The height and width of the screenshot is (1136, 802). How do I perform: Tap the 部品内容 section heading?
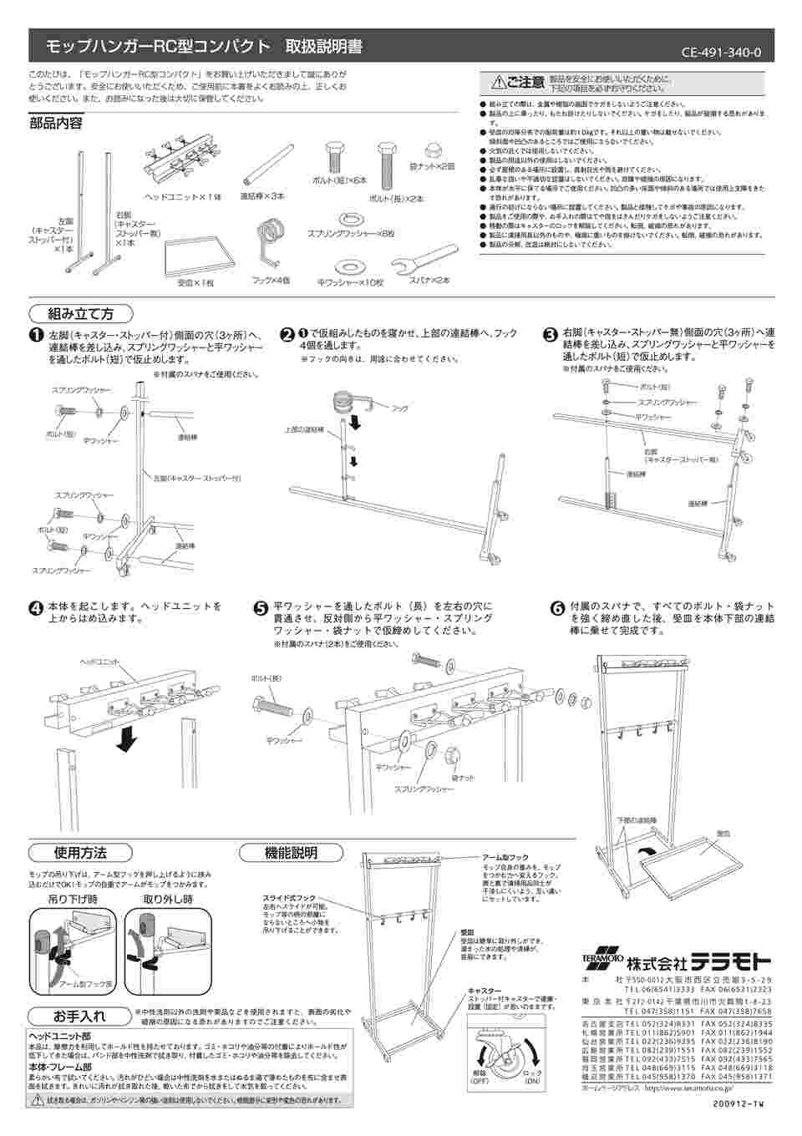[x=56, y=124]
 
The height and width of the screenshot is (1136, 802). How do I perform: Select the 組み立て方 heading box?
[x=81, y=314]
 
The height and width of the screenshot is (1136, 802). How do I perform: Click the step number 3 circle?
[x=551, y=335]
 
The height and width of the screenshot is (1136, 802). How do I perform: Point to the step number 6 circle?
[x=556, y=608]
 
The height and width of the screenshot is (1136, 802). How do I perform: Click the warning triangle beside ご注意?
[x=499, y=82]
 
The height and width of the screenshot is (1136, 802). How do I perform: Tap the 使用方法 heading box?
[x=80, y=853]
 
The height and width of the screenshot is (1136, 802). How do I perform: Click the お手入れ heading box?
[x=80, y=1017]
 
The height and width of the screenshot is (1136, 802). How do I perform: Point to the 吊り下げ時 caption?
[x=74, y=900]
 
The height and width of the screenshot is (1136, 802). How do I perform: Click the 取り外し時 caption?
[x=168, y=900]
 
